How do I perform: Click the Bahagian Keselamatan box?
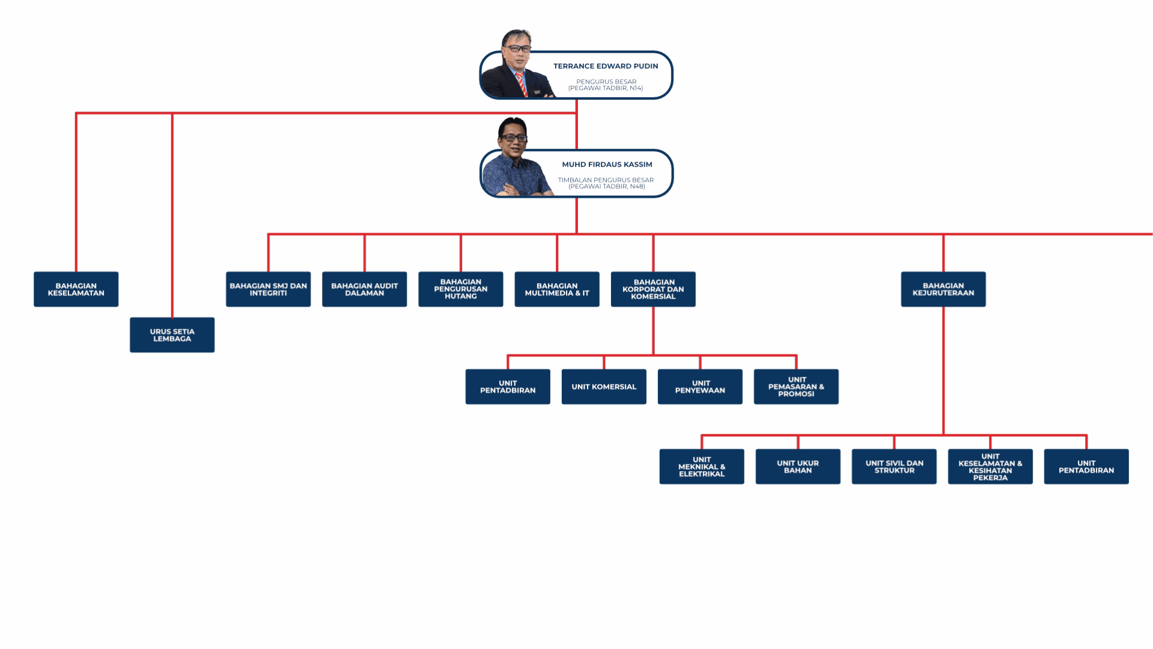coord(76,289)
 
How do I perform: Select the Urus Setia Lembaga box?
coord(172,335)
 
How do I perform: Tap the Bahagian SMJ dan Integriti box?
coord(268,289)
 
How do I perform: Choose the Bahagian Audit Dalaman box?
coord(364,289)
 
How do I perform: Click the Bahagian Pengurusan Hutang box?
coord(460,289)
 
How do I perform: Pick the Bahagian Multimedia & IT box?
coord(556,289)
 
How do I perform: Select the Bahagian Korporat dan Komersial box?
coord(653,289)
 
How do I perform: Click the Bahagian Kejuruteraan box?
coord(943,289)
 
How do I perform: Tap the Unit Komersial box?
coord(604,386)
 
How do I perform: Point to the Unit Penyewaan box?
coord(700,386)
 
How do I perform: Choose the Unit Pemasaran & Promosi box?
coord(796,386)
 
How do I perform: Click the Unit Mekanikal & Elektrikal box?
coord(701,466)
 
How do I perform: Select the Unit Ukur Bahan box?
coord(798,466)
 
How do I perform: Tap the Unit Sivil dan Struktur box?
coord(894,466)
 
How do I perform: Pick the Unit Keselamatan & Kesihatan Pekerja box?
coord(990,466)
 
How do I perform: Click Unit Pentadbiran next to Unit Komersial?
coord(508,386)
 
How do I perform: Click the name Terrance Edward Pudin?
coord(606,66)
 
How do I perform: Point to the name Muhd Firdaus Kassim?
coord(607,164)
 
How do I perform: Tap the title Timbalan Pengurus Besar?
coord(606,180)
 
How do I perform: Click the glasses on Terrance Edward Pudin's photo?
coord(517,49)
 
